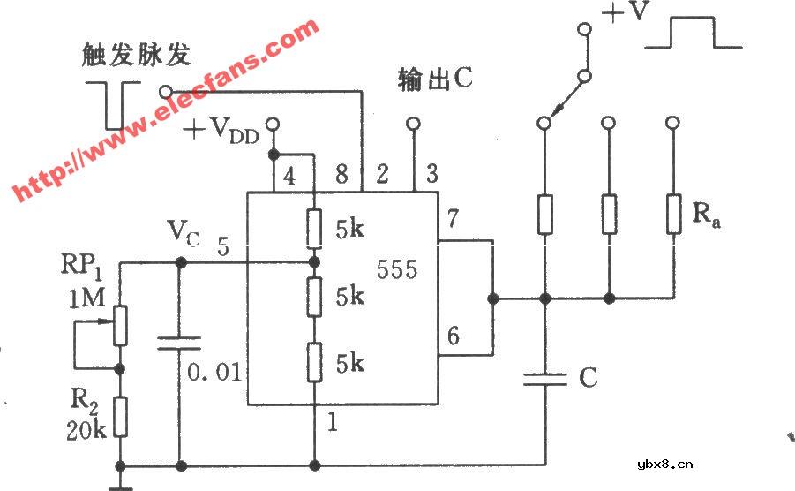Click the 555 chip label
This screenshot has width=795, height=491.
tap(397, 269)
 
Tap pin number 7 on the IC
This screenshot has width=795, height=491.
tap(453, 218)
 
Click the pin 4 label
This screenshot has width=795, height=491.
tap(289, 176)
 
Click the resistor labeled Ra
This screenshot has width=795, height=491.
tap(674, 214)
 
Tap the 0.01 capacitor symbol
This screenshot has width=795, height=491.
tap(180, 343)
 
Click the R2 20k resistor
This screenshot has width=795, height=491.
tap(120, 418)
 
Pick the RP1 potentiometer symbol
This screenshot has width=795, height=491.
tap(120, 323)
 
